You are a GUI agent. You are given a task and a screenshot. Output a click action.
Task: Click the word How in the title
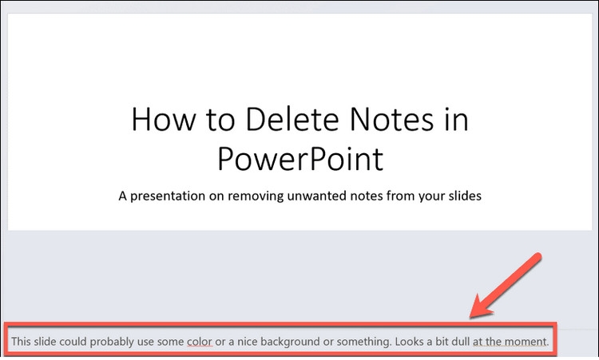[163, 120]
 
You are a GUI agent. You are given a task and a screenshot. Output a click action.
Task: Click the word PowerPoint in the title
[300, 158]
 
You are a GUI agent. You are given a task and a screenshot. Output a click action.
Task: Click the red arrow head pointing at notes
[482, 307]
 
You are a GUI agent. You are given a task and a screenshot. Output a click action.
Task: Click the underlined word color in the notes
[200, 342]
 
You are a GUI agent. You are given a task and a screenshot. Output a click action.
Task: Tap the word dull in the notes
[460, 341]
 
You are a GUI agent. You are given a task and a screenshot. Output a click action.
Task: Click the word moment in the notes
[527, 342]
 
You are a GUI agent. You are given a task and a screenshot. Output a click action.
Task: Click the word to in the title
[220, 121]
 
